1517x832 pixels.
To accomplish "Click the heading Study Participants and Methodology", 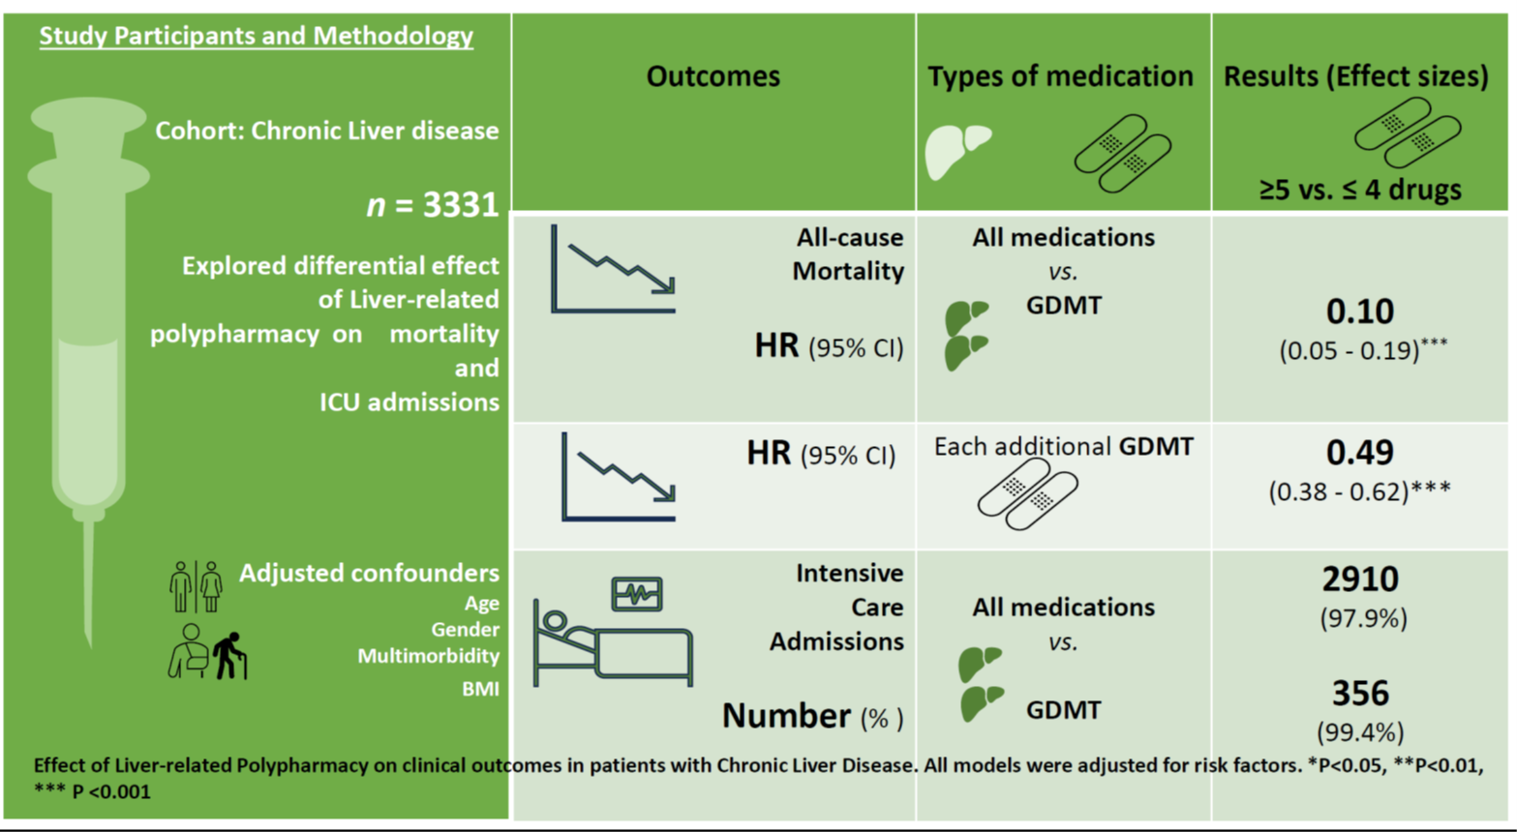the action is pyautogui.click(x=256, y=37).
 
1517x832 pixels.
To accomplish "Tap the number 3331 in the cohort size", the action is pyautogui.click(x=461, y=204).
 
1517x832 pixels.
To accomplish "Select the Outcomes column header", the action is pyautogui.click(x=713, y=76).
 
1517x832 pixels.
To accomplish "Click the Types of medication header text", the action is pyautogui.click(x=1060, y=76).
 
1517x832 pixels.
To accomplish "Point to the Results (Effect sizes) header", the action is pyautogui.click(x=1355, y=76).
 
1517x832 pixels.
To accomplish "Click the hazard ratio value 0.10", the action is pyautogui.click(x=1360, y=312).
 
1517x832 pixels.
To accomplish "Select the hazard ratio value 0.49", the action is pyautogui.click(x=1360, y=452).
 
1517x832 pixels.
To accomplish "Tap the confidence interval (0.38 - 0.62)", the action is pyautogui.click(x=1359, y=491).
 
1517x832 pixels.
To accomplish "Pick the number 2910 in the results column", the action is pyautogui.click(x=1360, y=579).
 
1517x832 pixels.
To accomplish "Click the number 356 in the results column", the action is pyautogui.click(x=1360, y=693).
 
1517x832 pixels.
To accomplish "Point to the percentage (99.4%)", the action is pyautogui.click(x=1360, y=731).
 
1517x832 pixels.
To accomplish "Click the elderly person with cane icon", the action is pyautogui.click(x=229, y=656).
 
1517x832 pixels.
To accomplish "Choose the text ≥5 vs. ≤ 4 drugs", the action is pyautogui.click(x=1360, y=190).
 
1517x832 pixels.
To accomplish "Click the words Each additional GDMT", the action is pyautogui.click(x=1063, y=446).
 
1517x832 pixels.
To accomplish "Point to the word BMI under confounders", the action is pyautogui.click(x=480, y=689).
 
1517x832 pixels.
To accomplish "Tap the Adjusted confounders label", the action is pyautogui.click(x=369, y=573).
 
